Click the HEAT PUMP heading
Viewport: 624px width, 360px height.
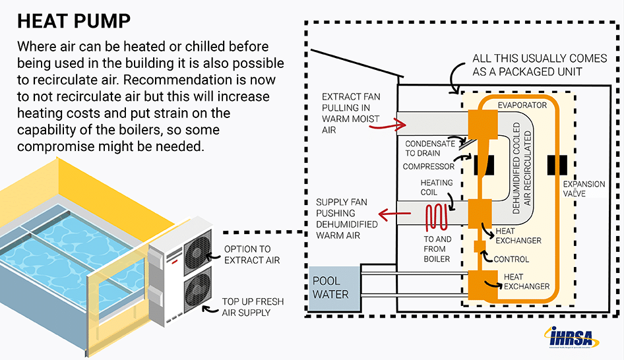73,21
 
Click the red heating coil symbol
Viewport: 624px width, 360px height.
435,216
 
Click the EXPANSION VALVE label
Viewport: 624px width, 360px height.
583,189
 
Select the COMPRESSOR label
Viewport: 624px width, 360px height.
429,167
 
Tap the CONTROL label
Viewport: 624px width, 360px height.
511,259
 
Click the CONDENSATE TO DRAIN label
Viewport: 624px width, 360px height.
429,148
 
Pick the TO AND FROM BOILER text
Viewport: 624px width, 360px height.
438,249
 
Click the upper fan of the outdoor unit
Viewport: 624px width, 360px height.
197,253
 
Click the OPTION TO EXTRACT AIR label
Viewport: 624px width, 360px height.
252,255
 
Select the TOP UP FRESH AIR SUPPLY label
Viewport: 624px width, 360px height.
253,307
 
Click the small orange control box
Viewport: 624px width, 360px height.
480,247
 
